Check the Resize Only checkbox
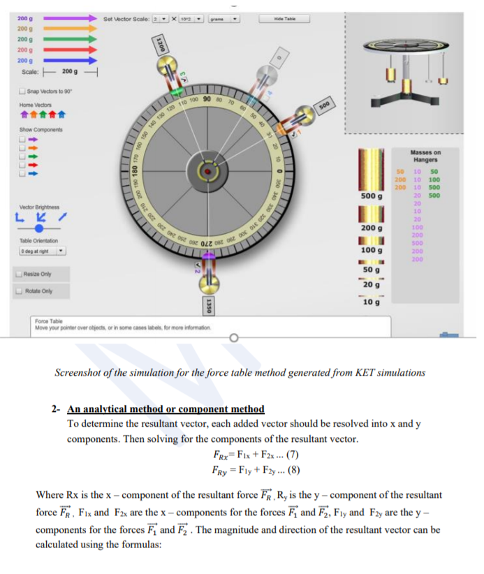pos(17,274)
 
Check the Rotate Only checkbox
pos(17,290)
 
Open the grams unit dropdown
pos(226,19)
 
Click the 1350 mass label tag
pos(207,306)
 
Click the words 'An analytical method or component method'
pos(166,409)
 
